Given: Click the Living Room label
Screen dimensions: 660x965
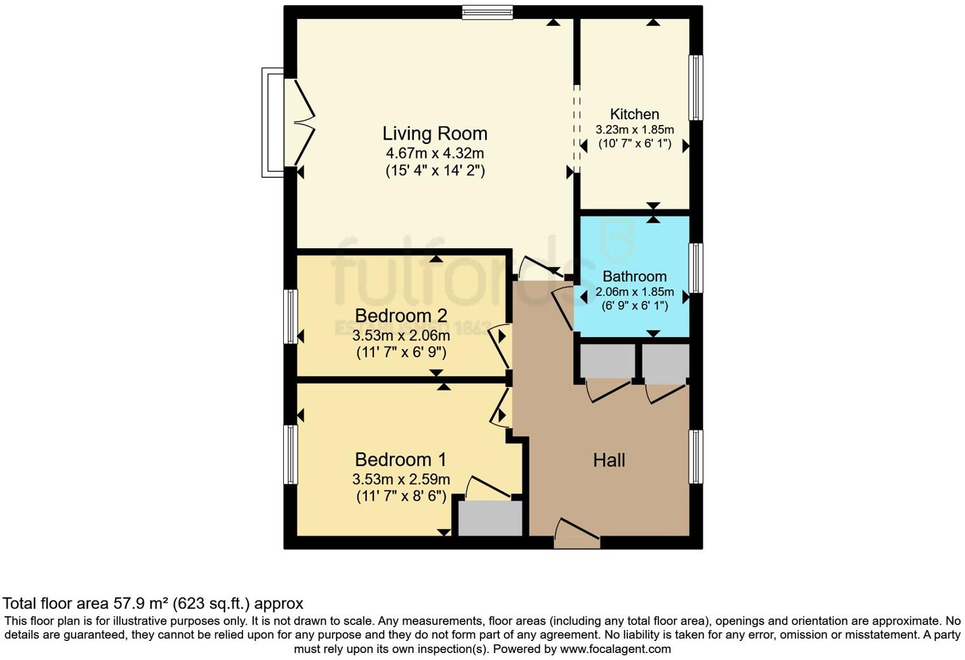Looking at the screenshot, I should point(435,134).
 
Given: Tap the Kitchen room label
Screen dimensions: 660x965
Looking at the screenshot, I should point(634,114).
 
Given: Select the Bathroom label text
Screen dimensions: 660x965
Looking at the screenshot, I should point(634,277).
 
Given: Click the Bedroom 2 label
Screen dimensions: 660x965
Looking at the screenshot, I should point(401,315).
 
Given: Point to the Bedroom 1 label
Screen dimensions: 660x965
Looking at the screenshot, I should point(401,459).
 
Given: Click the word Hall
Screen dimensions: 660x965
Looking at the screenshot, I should point(609,460).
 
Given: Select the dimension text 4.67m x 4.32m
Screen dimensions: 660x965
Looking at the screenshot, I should point(435,154).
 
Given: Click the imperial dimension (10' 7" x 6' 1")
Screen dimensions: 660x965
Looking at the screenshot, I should point(634,144).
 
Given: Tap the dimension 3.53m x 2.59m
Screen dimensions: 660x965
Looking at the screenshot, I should point(401,479).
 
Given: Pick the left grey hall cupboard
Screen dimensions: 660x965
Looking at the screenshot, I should point(607,361).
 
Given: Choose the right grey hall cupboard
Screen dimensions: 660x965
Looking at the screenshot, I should point(665,361).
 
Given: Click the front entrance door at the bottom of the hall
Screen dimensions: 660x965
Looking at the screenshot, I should point(576,533).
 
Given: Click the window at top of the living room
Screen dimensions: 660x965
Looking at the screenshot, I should point(487,12).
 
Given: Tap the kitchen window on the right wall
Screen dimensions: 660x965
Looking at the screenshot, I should point(696,88).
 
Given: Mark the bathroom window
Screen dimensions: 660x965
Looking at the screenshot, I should point(696,268).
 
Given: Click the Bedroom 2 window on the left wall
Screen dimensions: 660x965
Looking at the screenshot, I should point(291,316).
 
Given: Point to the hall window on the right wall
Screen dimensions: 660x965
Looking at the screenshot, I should point(696,457).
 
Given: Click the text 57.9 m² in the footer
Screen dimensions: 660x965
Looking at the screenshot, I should point(140,603).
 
